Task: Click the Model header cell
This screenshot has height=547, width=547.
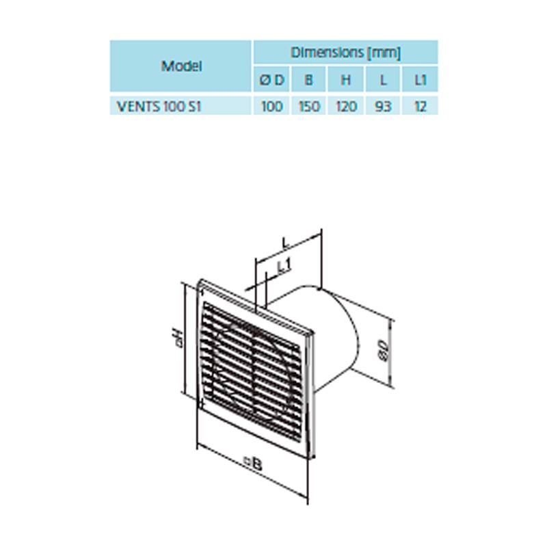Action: coord(181,66)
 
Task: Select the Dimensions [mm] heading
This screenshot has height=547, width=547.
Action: coord(345,53)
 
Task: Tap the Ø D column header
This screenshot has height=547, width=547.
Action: coord(271,80)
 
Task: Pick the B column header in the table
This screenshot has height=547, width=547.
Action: coord(308,80)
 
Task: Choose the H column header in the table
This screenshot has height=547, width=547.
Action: coord(345,80)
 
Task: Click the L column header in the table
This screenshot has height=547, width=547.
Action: coord(383,80)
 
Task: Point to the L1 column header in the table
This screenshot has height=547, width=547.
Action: coord(420,80)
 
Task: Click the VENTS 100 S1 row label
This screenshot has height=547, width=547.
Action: coord(159,106)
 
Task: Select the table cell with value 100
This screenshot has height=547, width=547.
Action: coord(271,106)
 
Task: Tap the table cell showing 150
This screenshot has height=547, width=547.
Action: coord(308,106)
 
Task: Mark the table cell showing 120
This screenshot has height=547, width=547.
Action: coord(345,106)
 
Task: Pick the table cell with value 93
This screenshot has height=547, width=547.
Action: coord(383,106)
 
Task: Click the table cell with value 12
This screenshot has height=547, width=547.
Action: coord(420,106)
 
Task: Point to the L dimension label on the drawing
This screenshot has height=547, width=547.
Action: coord(286,243)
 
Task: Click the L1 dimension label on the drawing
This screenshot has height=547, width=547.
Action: coord(284,266)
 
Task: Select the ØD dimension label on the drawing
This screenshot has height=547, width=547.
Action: coord(383,351)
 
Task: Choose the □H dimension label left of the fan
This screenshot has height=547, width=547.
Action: coord(178,337)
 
